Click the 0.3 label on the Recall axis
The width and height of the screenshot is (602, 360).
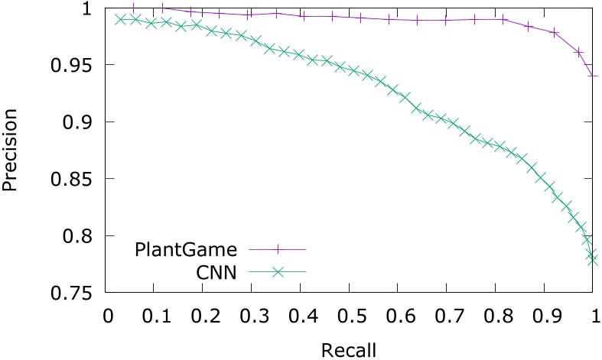252,315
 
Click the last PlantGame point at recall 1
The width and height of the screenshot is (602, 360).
594,75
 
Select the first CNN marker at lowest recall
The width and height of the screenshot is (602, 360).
120,20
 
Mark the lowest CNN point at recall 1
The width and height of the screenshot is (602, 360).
594,260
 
